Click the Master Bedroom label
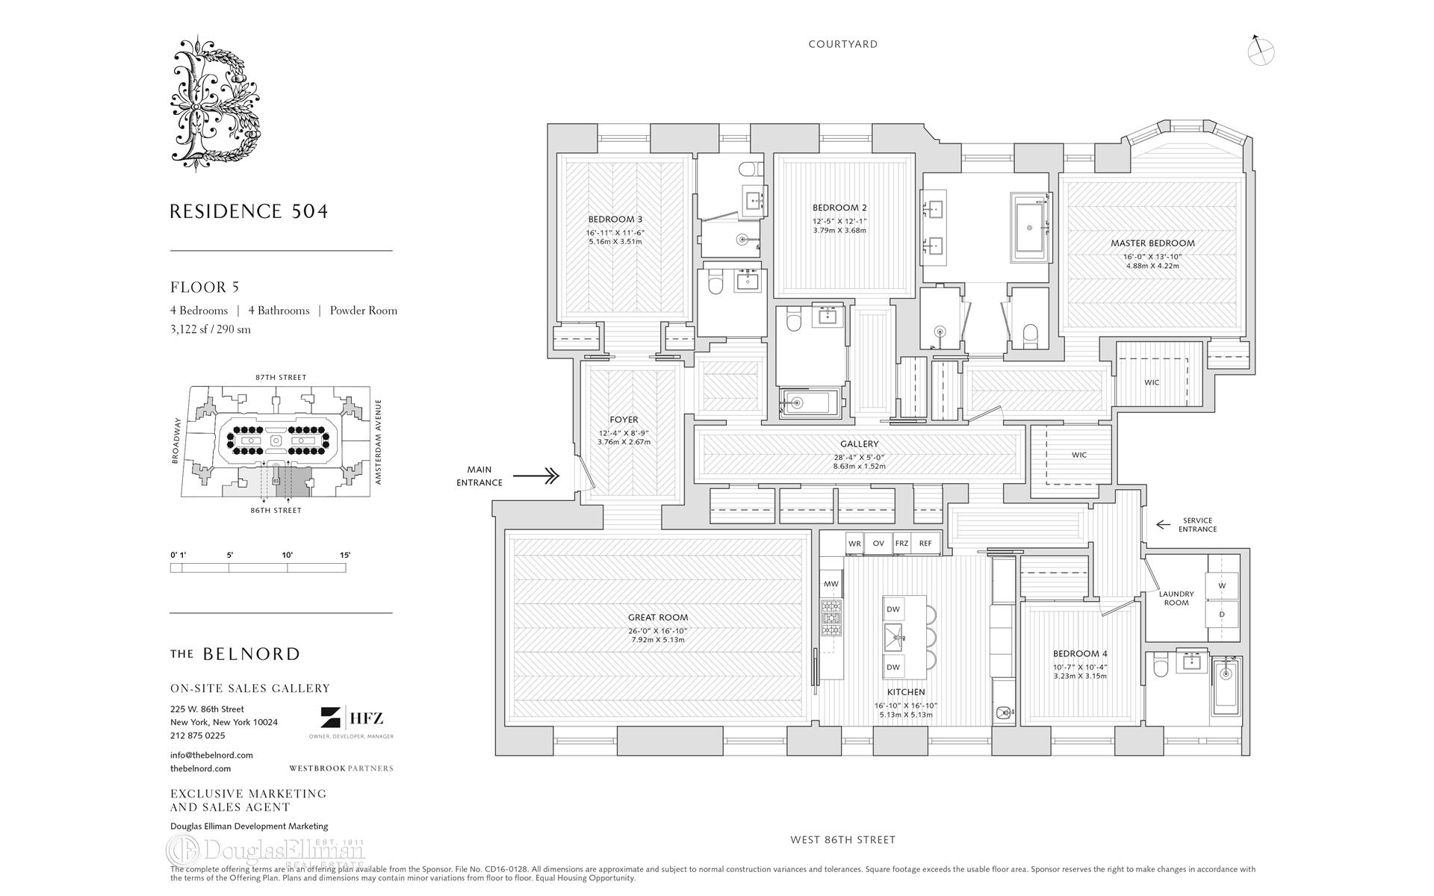(x=1152, y=243)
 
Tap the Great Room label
(x=657, y=617)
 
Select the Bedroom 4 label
(x=1080, y=653)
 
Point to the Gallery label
(x=859, y=444)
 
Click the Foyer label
(x=624, y=420)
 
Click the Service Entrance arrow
(x=1163, y=524)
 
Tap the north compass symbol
(x=1261, y=51)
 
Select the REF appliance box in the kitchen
(x=925, y=544)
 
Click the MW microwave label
(x=831, y=584)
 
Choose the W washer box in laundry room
(x=1222, y=586)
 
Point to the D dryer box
(x=1222, y=615)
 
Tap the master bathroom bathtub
(x=1030, y=227)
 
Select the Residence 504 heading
(x=249, y=211)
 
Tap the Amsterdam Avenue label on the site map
(x=378, y=442)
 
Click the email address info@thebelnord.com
(x=211, y=755)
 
